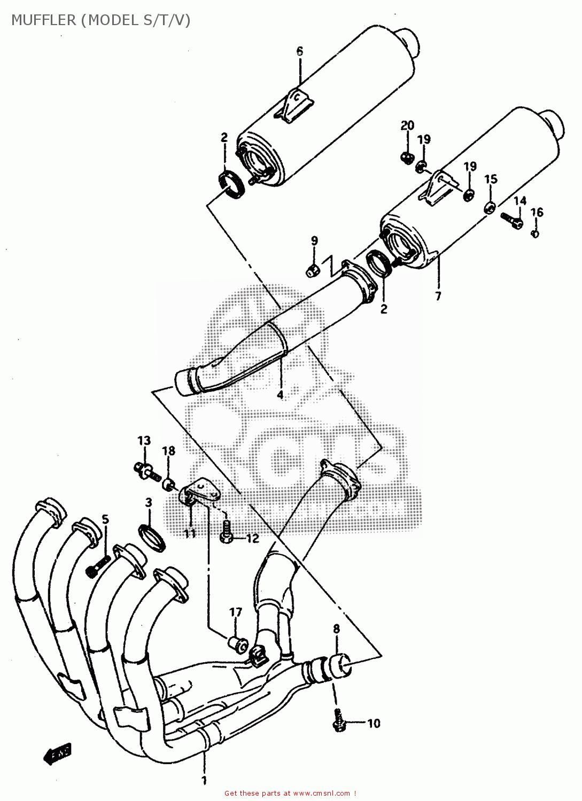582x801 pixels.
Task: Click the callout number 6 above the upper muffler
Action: pos(300,51)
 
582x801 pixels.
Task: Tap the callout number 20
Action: pos(407,126)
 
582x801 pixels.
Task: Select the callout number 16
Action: pos(537,213)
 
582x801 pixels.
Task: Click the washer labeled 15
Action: pos(489,207)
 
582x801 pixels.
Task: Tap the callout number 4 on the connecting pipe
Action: pos(280,395)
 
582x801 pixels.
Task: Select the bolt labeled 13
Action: pos(145,471)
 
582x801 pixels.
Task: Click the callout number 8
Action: pos(336,629)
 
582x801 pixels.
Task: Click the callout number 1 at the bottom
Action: pos(204,781)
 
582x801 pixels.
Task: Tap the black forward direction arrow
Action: pos(57,753)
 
